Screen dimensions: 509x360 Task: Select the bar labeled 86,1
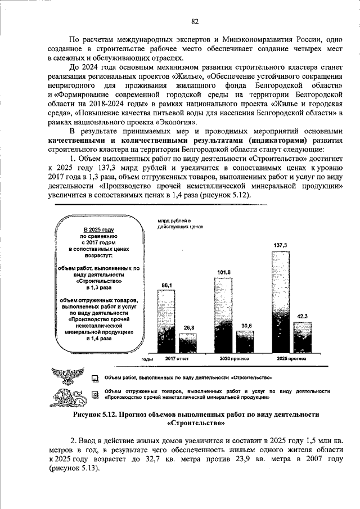[x=167, y=321]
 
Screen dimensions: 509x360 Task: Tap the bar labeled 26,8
[x=188, y=343]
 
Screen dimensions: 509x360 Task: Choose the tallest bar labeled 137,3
[x=280, y=301]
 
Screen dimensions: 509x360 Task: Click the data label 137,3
[x=280, y=246]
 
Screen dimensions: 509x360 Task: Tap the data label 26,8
[x=188, y=328]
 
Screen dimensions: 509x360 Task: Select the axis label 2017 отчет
[x=177, y=358]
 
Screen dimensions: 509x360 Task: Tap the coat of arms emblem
[x=67, y=380]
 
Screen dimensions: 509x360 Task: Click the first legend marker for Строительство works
[x=95, y=379]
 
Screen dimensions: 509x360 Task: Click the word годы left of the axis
[x=147, y=358]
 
